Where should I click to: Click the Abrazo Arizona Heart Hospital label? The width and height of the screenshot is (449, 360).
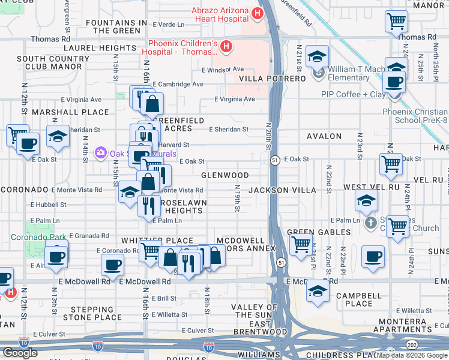(x=220, y=14)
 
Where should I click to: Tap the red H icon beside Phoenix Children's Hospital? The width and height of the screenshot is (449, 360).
(x=226, y=46)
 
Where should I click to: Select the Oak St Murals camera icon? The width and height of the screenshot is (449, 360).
(x=100, y=154)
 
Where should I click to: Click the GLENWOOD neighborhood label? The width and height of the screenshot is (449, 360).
(x=224, y=175)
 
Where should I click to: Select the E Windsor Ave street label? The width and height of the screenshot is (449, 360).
(x=223, y=70)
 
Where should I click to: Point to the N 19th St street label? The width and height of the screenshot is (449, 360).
(x=238, y=198)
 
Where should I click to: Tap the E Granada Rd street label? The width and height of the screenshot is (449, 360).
(x=89, y=236)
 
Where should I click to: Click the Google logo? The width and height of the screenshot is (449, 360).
(x=20, y=353)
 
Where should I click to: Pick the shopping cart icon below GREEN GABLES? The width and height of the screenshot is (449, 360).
(x=300, y=244)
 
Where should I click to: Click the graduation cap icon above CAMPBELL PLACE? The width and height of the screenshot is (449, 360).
(x=318, y=291)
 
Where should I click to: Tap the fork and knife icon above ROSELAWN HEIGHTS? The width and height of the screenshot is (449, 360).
(x=148, y=205)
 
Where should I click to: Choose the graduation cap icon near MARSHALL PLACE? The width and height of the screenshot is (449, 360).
(x=58, y=136)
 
